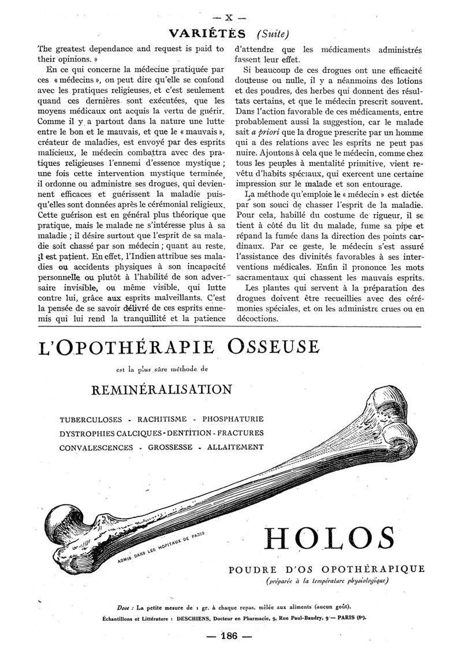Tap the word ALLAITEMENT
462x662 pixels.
[236, 447]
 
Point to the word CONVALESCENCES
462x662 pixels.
[95, 447]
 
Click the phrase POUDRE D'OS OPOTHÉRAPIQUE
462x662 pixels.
[326, 569]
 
